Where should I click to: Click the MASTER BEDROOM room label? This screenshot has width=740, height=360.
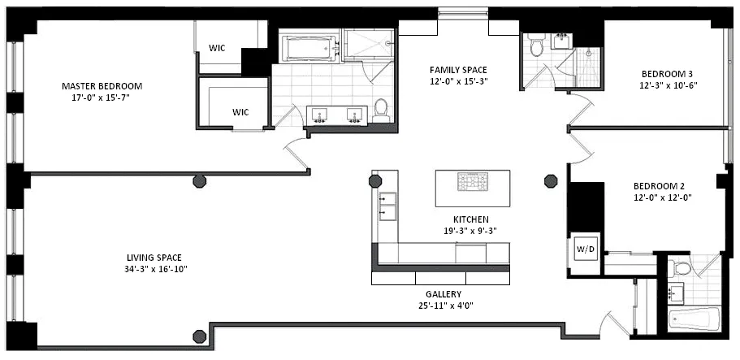[102, 85]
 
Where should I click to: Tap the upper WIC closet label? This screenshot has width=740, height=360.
[217, 48]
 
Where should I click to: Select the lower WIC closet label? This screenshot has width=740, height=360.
[240, 112]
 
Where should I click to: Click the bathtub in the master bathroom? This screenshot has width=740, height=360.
[309, 49]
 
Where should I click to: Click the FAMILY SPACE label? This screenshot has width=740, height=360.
[458, 69]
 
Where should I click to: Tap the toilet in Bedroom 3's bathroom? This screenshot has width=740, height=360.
[534, 47]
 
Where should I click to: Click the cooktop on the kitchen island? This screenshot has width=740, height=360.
[472, 182]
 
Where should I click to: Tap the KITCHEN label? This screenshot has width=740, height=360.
[470, 219]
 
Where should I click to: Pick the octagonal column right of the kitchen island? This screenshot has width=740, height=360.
[551, 180]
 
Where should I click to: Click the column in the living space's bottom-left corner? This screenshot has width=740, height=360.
[197, 335]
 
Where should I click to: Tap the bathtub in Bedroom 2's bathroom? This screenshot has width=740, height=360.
[695, 319]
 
